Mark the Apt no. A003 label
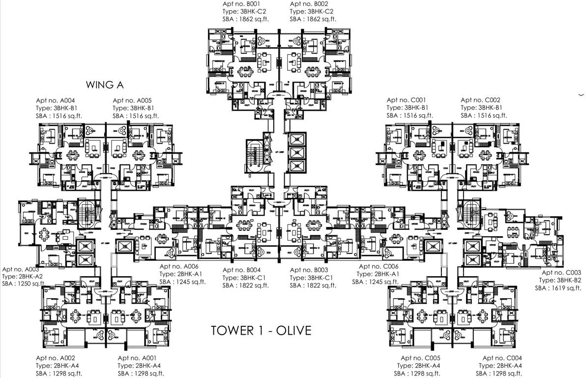coord(20,270)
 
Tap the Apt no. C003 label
coord(561,273)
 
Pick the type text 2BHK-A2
coord(30,277)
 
